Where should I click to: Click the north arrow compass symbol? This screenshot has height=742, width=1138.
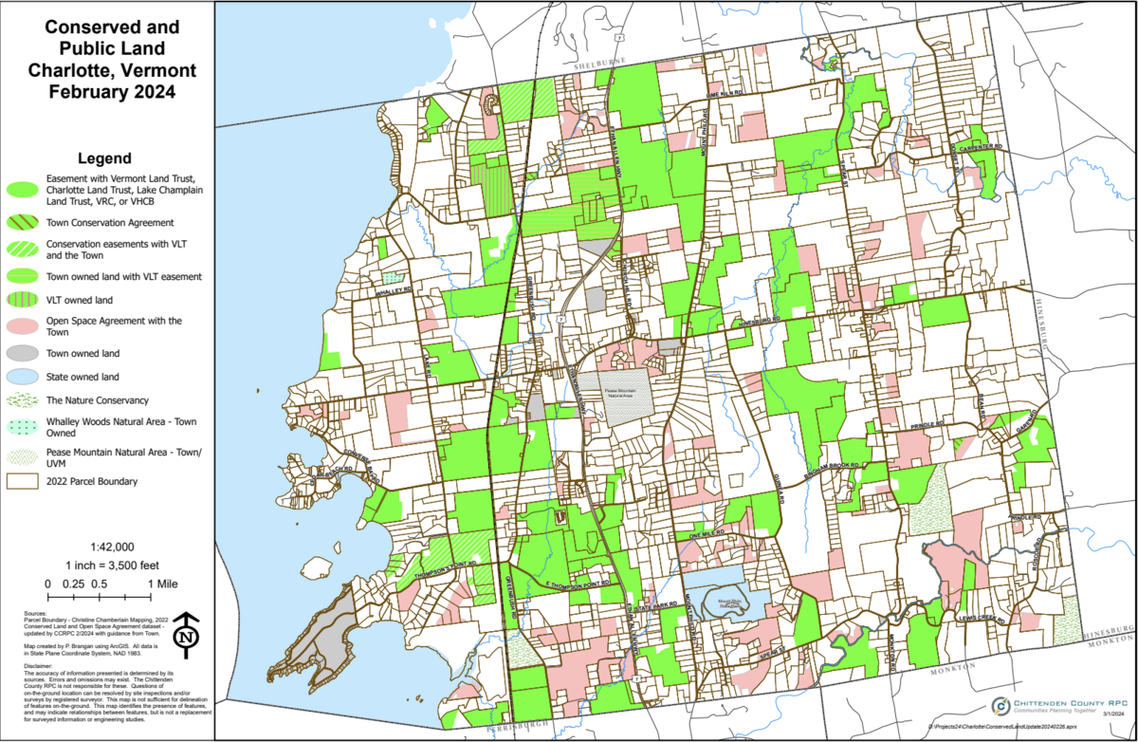point(188,633)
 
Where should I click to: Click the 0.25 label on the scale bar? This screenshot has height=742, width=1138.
point(72,584)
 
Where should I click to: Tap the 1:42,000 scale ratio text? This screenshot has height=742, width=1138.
point(112,547)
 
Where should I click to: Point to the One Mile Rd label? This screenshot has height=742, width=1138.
point(706,536)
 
